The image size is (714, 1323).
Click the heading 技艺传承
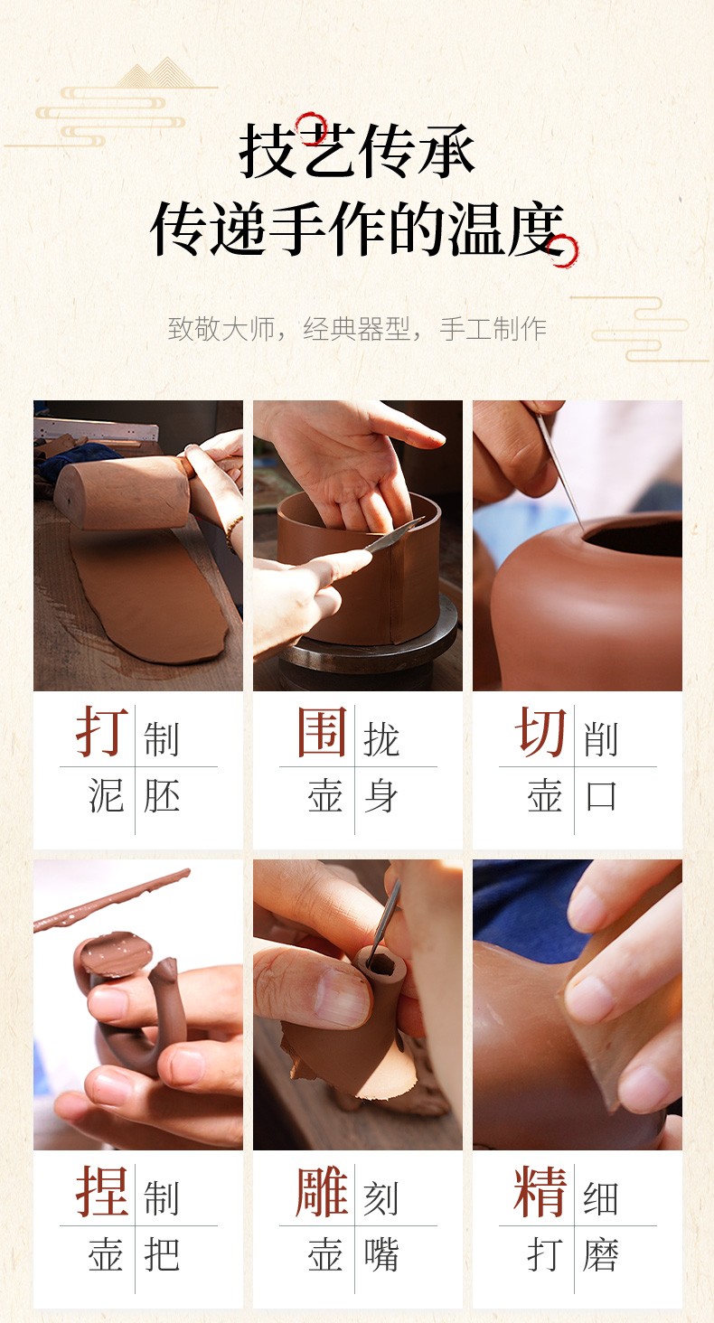click(357, 151)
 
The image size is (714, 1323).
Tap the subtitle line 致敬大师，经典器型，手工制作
click(357, 329)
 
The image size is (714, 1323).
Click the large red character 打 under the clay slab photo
click(101, 731)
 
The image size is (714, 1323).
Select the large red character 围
click(322, 732)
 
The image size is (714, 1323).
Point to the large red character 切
click(540, 732)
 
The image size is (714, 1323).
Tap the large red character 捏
click(101, 1190)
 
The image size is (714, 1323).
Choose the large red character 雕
click(322, 1190)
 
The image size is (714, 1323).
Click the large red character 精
click(540, 1190)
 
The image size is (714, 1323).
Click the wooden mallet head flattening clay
click(124, 493)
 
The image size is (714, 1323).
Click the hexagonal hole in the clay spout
click(380, 965)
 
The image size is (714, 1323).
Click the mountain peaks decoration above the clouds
click(155, 73)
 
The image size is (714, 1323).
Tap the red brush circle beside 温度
click(563, 250)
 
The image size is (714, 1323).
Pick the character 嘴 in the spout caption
click(381, 1254)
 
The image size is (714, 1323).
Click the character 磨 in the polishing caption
click(601, 1254)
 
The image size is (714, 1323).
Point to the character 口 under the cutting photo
click(601, 795)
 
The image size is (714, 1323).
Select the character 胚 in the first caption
click(162, 795)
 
